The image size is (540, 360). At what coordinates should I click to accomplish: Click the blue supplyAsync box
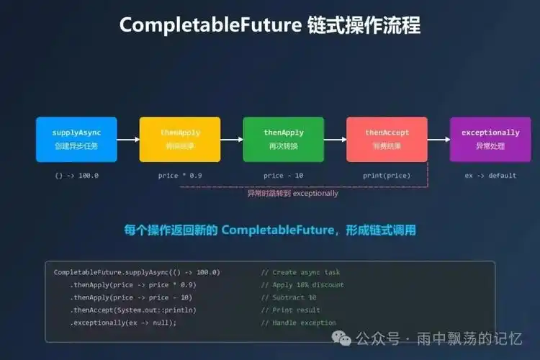click(x=75, y=139)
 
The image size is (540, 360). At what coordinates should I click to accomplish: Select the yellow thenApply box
click(x=180, y=139)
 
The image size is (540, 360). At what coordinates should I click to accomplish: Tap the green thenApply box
click(x=284, y=139)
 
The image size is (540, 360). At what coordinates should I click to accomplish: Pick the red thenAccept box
click(x=387, y=139)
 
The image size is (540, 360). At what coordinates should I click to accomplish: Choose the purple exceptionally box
click(x=490, y=139)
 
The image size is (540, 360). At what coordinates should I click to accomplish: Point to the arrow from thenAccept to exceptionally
click(x=438, y=140)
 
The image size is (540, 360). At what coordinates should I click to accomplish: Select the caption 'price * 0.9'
click(x=180, y=175)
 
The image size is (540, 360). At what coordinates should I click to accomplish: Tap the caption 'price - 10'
click(x=284, y=175)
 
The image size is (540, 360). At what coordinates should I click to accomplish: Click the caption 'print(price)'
click(x=387, y=175)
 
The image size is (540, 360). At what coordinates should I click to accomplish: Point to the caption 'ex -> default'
click(x=490, y=175)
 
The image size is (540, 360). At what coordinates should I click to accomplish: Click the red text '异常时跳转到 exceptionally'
click(x=292, y=193)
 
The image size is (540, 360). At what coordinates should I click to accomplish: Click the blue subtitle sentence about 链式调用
click(x=270, y=230)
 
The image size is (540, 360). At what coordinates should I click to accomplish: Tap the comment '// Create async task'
click(x=300, y=272)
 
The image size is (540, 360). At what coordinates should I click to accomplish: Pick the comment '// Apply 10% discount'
click(x=302, y=285)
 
